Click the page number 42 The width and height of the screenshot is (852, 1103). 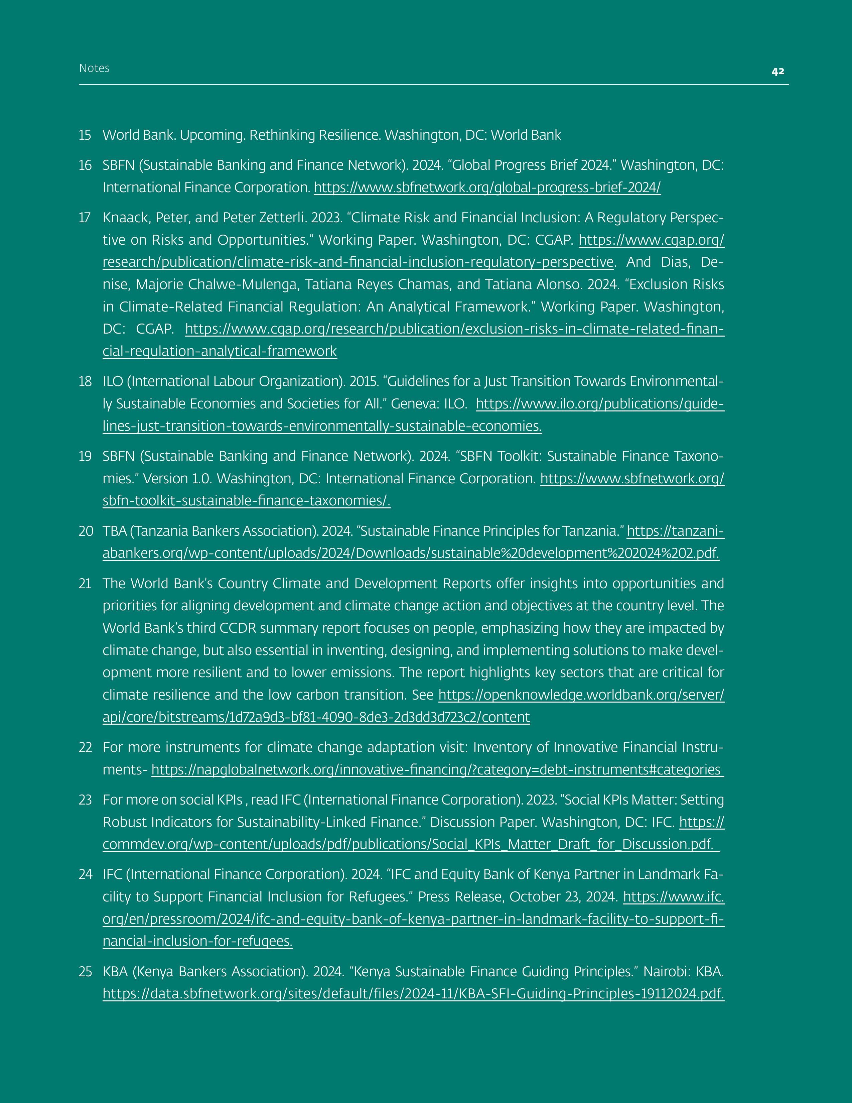[x=778, y=71]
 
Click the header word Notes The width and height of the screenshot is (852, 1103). [x=94, y=68]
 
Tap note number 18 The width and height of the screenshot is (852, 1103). [x=85, y=381]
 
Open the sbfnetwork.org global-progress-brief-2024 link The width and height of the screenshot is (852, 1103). [x=487, y=188]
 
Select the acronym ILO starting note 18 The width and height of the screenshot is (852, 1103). [x=113, y=381]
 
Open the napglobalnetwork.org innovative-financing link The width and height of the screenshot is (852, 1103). [x=437, y=770]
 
